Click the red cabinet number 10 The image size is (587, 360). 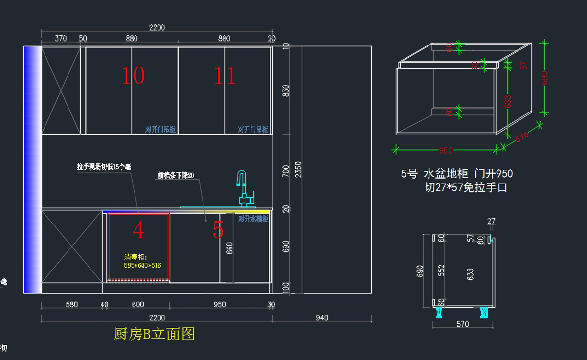[x=133, y=76]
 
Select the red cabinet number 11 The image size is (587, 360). [x=225, y=76]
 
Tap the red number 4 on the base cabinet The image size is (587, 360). [x=138, y=231]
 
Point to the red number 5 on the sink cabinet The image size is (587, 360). [x=218, y=230]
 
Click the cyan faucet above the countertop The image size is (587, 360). [x=244, y=188]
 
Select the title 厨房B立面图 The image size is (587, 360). [x=155, y=334]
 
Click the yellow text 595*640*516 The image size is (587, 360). [x=143, y=265]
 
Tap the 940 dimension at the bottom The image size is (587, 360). [x=322, y=318]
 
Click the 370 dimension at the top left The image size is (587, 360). [x=61, y=38]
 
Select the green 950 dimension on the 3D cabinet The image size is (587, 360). [x=446, y=150]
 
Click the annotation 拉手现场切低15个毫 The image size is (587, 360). [x=104, y=167]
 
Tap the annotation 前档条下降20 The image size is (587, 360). [x=176, y=175]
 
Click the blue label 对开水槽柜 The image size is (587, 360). [x=253, y=219]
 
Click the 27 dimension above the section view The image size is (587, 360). [x=492, y=222]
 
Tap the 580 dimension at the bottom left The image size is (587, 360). [x=71, y=305]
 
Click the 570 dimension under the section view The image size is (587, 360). [x=462, y=324]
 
